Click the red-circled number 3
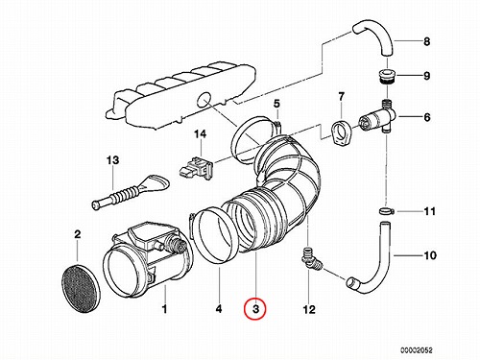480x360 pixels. click(x=255, y=309)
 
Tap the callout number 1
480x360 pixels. click(x=164, y=309)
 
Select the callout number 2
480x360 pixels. click(x=78, y=234)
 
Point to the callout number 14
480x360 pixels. click(x=200, y=133)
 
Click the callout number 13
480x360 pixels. click(x=112, y=159)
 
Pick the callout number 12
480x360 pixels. click(x=309, y=309)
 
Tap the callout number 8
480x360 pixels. click(x=426, y=41)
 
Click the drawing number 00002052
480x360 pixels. click(x=417, y=350)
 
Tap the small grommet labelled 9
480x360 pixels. click(x=386, y=76)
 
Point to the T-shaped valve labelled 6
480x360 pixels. click(x=378, y=117)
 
